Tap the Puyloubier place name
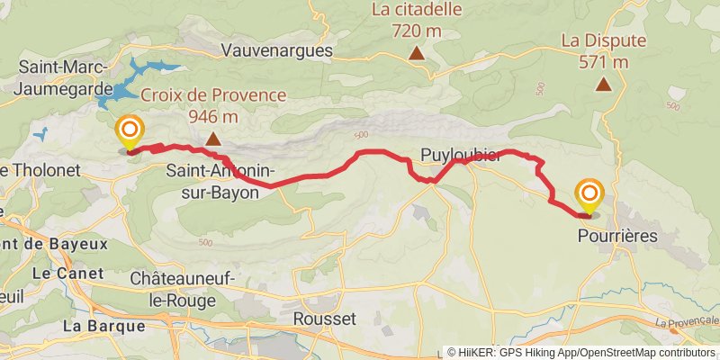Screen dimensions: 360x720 coord(460,155)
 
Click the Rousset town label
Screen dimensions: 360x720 coord(325,319)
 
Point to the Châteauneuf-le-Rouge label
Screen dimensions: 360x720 coord(183,287)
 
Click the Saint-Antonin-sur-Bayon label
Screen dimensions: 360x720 coord(221,180)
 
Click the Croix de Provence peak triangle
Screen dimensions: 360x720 coord(213,139)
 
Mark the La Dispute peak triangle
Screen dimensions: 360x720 coord(603,85)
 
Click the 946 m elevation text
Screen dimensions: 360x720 coord(213,116)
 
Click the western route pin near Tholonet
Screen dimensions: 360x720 coord(130,133)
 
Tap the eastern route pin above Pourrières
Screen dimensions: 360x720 coord(590,195)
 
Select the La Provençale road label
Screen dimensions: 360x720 coord(688,321)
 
